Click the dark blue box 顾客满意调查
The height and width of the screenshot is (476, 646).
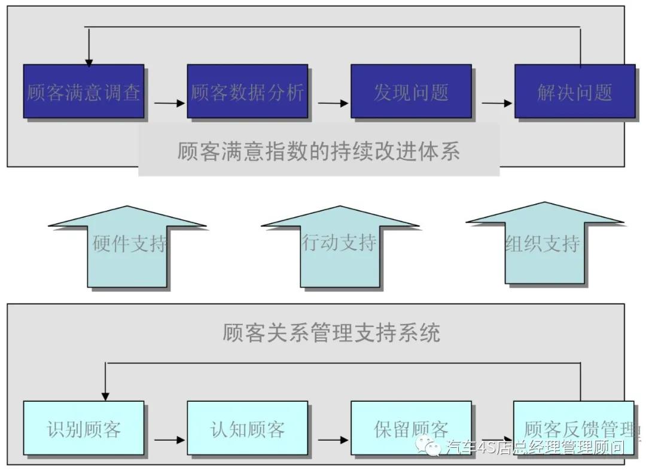coord(83,91)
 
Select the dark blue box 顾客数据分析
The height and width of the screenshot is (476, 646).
coord(247,91)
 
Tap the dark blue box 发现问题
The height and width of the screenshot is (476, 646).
coord(411,91)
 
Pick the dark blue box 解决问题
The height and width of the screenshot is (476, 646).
coord(574,91)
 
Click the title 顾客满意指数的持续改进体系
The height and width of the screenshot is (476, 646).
coord(318,150)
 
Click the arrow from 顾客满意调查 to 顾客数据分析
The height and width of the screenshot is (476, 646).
coord(170,104)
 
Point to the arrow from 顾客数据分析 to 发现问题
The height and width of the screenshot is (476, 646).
coord(333,104)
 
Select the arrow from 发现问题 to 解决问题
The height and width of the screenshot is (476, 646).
coord(497,104)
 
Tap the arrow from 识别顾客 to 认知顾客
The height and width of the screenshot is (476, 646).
coord(170,440)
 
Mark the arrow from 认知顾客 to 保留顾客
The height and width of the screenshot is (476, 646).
coord(333,440)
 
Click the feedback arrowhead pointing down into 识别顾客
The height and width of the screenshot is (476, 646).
coord(105,395)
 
